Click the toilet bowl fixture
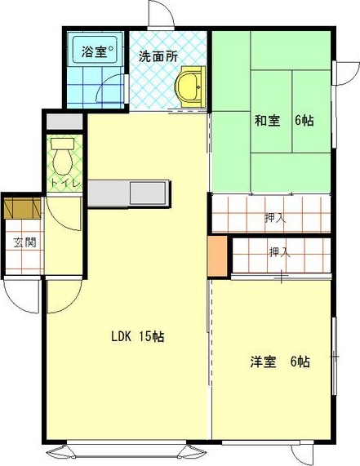coord(62,154)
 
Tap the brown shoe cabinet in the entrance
coord(21,208)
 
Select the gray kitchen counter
coord(129,194)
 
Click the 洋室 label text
coord(263,362)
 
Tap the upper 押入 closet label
coord(275,218)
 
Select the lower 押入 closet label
coord(279,252)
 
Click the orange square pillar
coord(217,255)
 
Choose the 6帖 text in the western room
coord(300,362)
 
